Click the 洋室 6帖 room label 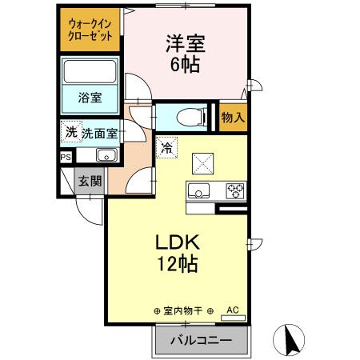coord(186,51)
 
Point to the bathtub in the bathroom coord(90,74)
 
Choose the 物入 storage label coord(233,118)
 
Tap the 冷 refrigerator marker coord(166,147)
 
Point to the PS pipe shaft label coord(66,158)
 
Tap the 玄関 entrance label coord(89,182)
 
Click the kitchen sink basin coord(198,190)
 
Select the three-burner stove coord(234,190)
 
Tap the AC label coord(233,309)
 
